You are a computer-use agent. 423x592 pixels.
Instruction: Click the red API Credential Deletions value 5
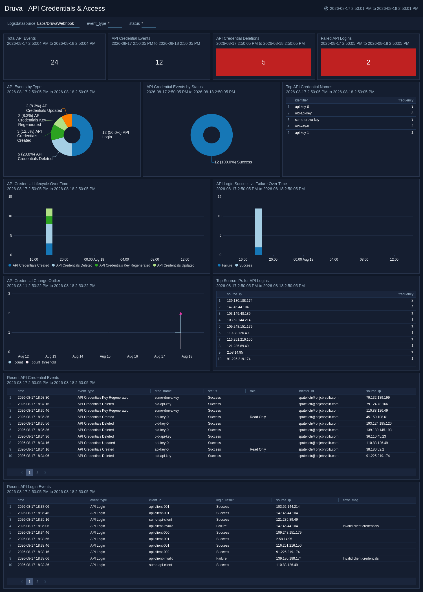click(264, 62)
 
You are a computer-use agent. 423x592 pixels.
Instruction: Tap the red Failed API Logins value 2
click(368, 62)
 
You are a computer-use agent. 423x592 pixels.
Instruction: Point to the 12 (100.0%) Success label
click(233, 162)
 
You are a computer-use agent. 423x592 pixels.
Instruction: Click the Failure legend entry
click(225, 265)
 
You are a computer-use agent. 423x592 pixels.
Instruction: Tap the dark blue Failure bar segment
click(258, 251)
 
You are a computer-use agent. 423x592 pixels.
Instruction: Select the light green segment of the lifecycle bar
click(49, 212)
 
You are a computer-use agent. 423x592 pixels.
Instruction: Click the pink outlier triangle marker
click(181, 313)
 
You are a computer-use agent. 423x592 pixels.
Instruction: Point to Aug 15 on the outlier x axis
click(105, 356)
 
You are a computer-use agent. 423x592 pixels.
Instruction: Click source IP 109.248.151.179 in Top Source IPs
click(240, 327)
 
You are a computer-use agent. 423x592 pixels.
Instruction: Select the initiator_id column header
click(306, 391)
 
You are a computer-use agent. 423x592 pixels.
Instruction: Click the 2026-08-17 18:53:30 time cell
click(33, 398)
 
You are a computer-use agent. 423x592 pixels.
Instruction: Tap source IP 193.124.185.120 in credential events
click(379, 424)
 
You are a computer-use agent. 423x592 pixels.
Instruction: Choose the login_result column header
click(225, 500)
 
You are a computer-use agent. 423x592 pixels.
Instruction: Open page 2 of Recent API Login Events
click(38, 582)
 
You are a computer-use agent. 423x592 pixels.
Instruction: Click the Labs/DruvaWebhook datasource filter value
click(56, 23)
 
